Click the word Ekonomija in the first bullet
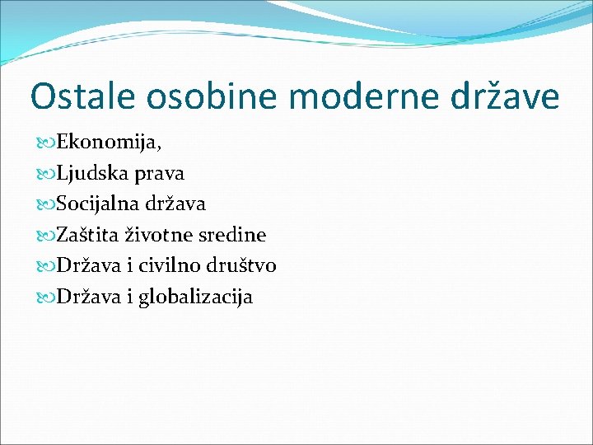pyautogui.click(x=106, y=143)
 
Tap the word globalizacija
pyautogui.click(x=196, y=297)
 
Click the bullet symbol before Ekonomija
pyautogui.click(x=46, y=143)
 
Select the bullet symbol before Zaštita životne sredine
pyautogui.click(x=46, y=236)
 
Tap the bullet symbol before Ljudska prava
pyautogui.click(x=46, y=175)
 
